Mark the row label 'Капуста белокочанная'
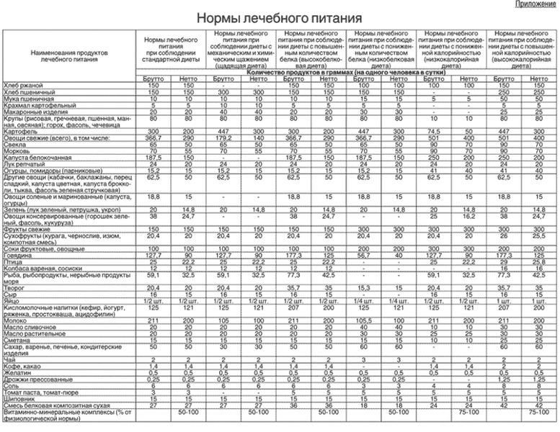(x=39, y=157)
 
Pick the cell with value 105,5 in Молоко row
(x=364, y=320)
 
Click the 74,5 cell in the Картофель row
(x=433, y=131)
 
